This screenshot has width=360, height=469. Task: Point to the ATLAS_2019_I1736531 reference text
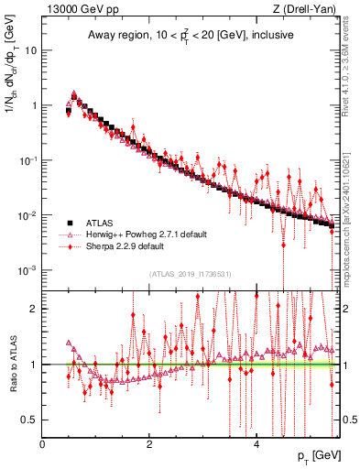(x=191, y=274)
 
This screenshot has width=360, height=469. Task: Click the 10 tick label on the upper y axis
(x=30, y=50)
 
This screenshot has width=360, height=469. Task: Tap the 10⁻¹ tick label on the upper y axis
(x=28, y=160)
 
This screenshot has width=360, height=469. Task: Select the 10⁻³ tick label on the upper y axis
(x=28, y=270)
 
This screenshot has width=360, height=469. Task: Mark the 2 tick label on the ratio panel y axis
(x=35, y=309)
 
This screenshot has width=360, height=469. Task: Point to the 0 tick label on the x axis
(x=43, y=444)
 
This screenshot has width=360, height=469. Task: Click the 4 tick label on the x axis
(x=256, y=444)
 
